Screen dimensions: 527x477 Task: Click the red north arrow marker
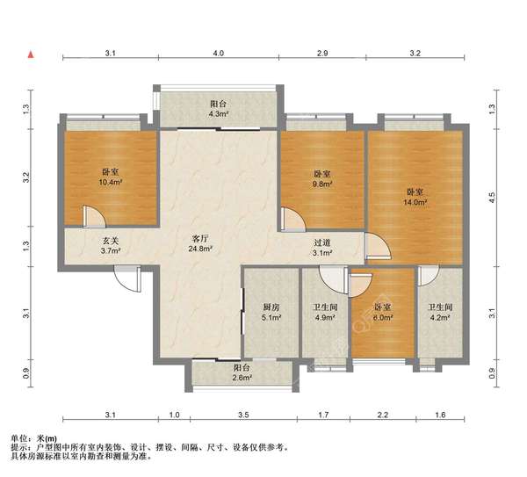click(x=31, y=54)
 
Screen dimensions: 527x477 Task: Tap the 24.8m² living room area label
click(x=199, y=249)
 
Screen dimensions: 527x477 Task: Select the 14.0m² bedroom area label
click(x=415, y=202)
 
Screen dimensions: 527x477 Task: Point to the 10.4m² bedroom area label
click(x=111, y=182)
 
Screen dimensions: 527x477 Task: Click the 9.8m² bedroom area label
click(x=322, y=184)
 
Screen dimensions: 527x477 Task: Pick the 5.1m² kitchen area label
click(x=271, y=317)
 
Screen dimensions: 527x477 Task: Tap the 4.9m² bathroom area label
click(x=325, y=317)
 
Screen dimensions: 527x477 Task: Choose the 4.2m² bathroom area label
click(x=440, y=317)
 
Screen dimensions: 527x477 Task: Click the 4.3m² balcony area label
click(x=218, y=113)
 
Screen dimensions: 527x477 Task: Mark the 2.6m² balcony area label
click(x=242, y=378)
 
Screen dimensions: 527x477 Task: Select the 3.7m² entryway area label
click(x=111, y=250)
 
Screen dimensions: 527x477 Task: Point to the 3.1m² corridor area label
click(x=322, y=253)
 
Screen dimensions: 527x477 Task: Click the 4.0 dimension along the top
click(x=218, y=53)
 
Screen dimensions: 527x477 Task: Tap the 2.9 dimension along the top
click(x=322, y=53)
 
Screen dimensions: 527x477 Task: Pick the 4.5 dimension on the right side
click(x=492, y=198)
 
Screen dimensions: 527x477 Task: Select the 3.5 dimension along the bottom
click(x=243, y=415)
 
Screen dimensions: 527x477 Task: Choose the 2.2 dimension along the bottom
click(x=382, y=415)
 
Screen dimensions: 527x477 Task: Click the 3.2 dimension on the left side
click(x=26, y=177)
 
